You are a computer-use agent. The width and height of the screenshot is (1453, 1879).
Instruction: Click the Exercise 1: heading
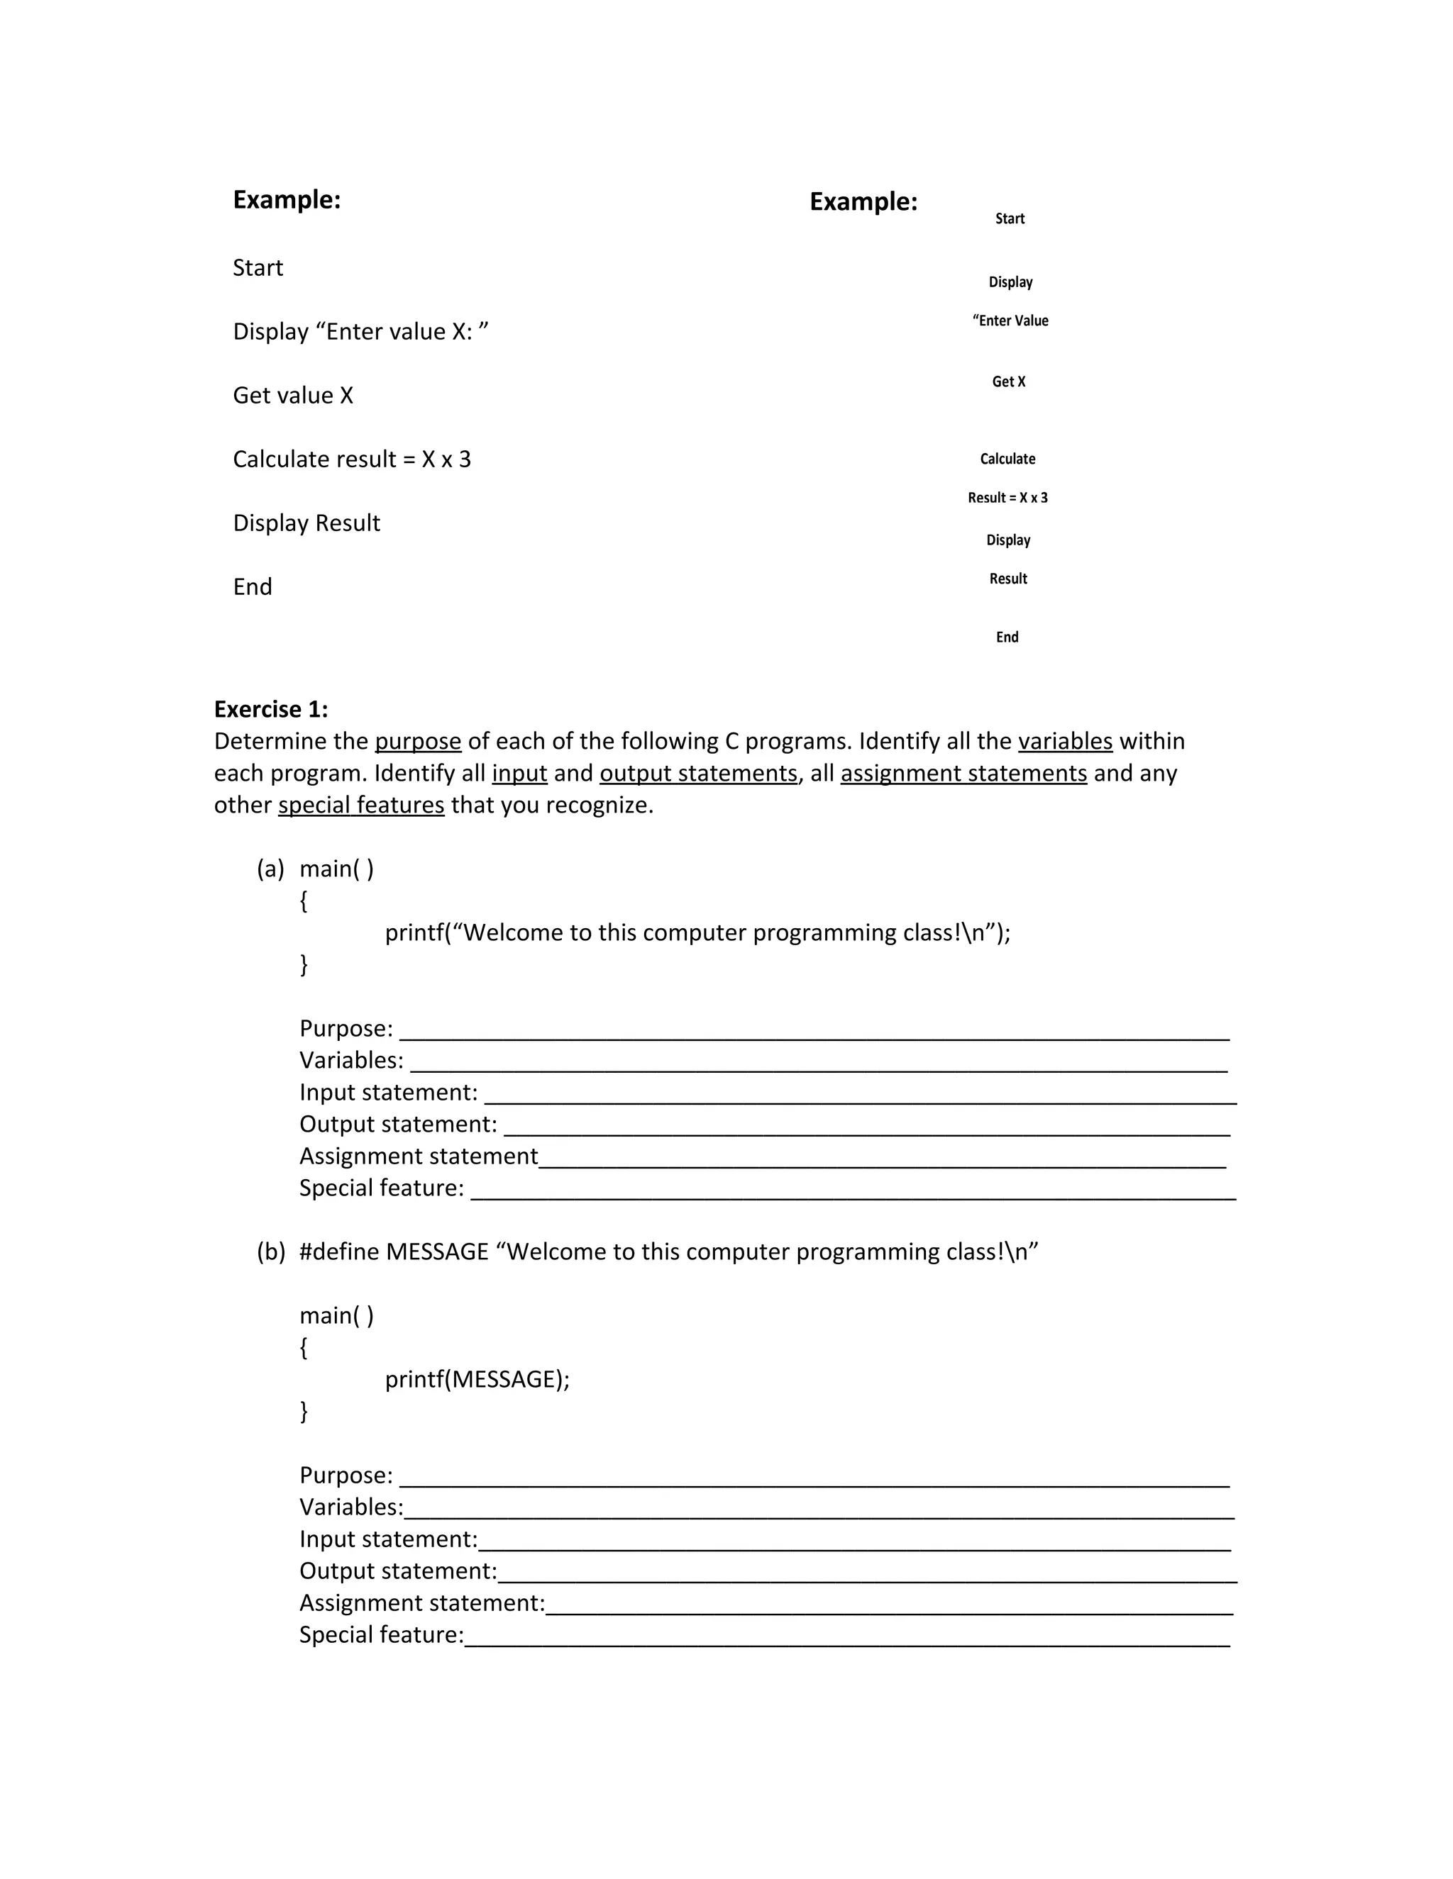tap(270, 710)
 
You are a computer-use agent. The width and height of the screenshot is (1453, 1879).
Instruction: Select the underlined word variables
tap(1065, 742)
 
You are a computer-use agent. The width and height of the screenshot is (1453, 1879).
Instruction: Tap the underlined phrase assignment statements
tap(963, 774)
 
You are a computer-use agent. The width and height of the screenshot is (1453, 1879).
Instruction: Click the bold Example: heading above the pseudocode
tap(287, 200)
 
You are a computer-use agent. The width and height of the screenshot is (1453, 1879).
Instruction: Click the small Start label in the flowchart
tap(1010, 218)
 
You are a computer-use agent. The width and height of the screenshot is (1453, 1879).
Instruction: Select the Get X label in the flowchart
tap(1009, 382)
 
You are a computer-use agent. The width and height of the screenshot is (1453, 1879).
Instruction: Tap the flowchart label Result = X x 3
tap(1007, 498)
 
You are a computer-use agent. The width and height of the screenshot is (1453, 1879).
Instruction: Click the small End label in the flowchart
tap(1007, 637)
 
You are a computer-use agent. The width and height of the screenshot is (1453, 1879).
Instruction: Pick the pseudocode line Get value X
tap(293, 396)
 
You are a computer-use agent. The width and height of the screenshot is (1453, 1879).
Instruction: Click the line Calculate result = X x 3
tap(351, 459)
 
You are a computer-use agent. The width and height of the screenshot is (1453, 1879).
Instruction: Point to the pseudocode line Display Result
tap(306, 523)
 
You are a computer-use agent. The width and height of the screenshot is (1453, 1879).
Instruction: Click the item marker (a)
tap(270, 869)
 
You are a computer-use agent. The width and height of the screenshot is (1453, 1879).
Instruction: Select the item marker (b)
tap(270, 1251)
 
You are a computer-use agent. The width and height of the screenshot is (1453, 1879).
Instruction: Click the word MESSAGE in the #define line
tap(436, 1251)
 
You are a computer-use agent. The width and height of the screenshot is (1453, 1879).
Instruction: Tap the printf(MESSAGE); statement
tap(477, 1379)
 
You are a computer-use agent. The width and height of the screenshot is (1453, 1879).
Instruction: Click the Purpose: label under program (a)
tap(346, 1029)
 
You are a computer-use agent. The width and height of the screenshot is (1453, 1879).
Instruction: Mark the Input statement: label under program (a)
tap(388, 1093)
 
